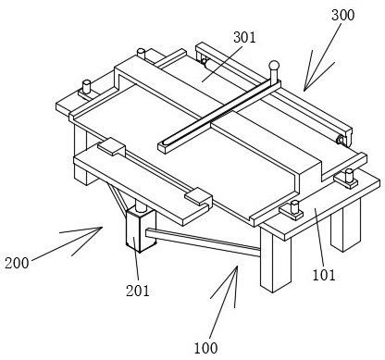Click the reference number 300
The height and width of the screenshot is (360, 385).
pyautogui.click(x=342, y=15)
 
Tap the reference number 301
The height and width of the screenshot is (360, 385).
pyautogui.click(x=244, y=38)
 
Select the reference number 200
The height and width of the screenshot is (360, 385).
pyautogui.click(x=17, y=263)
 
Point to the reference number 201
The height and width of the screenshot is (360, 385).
pyautogui.click(x=137, y=291)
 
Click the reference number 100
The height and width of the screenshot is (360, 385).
pyautogui.click(x=205, y=348)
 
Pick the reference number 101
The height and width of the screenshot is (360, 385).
pyautogui.click(x=324, y=275)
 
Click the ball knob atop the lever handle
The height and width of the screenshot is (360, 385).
pyautogui.click(x=274, y=66)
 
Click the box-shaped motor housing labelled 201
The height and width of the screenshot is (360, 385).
pyautogui.click(x=141, y=229)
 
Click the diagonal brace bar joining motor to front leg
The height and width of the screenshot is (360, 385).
pyautogui.click(x=204, y=242)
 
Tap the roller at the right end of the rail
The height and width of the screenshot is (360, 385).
pyautogui.click(x=340, y=141)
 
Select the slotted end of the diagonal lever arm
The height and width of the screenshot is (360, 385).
pyautogui.click(x=167, y=145)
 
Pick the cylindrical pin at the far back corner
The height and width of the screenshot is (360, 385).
pyautogui.click(x=142, y=54)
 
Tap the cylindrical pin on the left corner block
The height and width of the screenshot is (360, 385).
pyautogui.click(x=86, y=86)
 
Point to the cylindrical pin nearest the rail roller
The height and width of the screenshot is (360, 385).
pyautogui.click(x=349, y=175)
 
